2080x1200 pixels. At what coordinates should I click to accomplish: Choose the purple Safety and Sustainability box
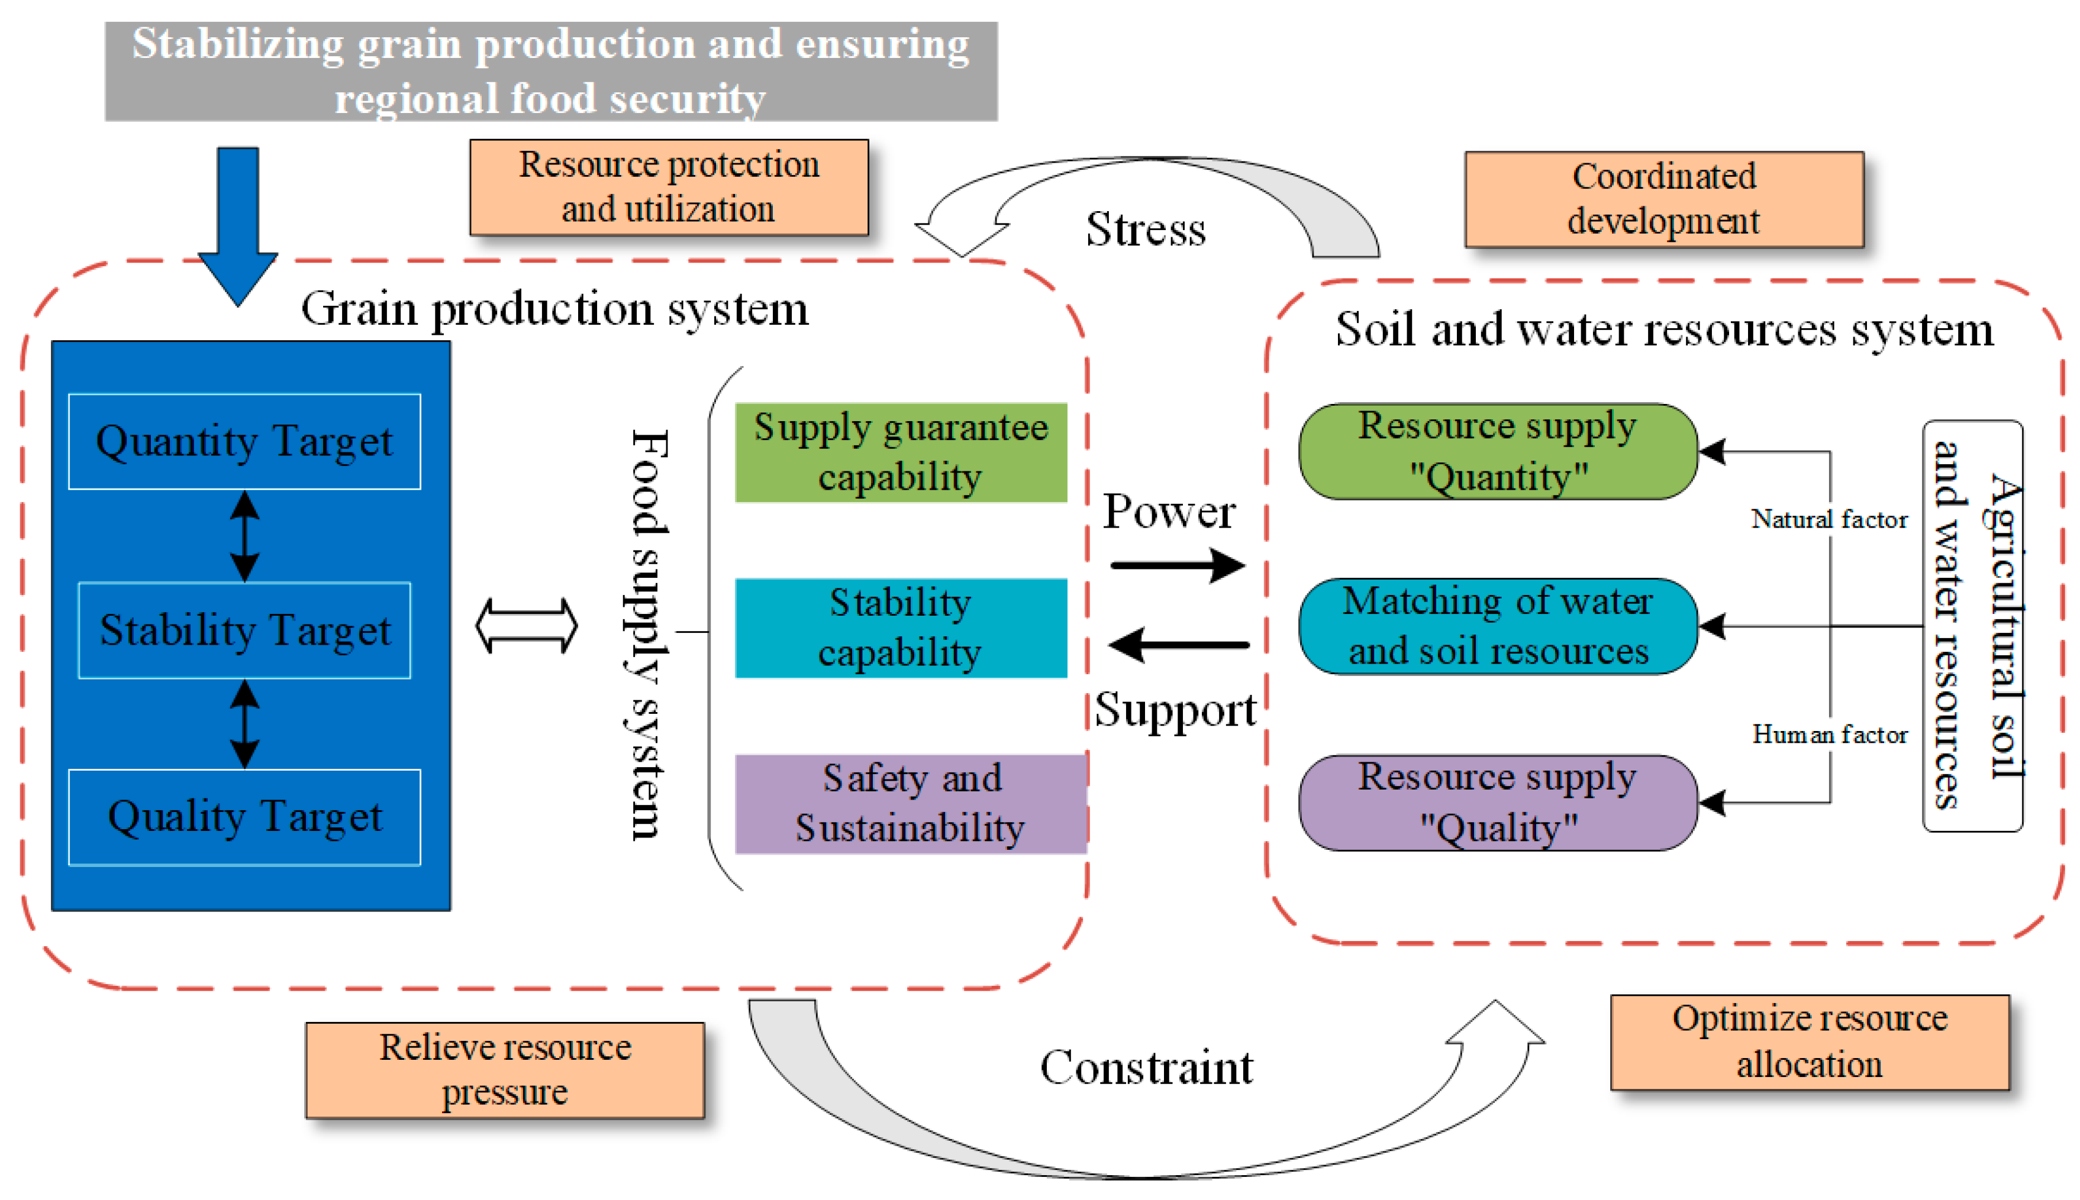(910, 804)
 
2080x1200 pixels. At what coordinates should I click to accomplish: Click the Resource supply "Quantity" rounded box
(1497, 452)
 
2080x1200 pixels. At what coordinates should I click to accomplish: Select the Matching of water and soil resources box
(1497, 626)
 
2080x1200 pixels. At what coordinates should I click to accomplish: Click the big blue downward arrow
(238, 222)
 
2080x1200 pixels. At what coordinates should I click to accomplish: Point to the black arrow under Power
(1177, 565)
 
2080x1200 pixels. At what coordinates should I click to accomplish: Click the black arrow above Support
(1179, 645)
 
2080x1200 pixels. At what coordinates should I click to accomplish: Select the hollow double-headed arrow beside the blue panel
(526, 626)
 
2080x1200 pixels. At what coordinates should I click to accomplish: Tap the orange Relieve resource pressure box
(505, 1070)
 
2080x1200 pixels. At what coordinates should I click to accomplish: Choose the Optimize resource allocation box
(1809, 1041)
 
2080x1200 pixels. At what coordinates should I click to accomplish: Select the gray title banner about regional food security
(551, 72)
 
